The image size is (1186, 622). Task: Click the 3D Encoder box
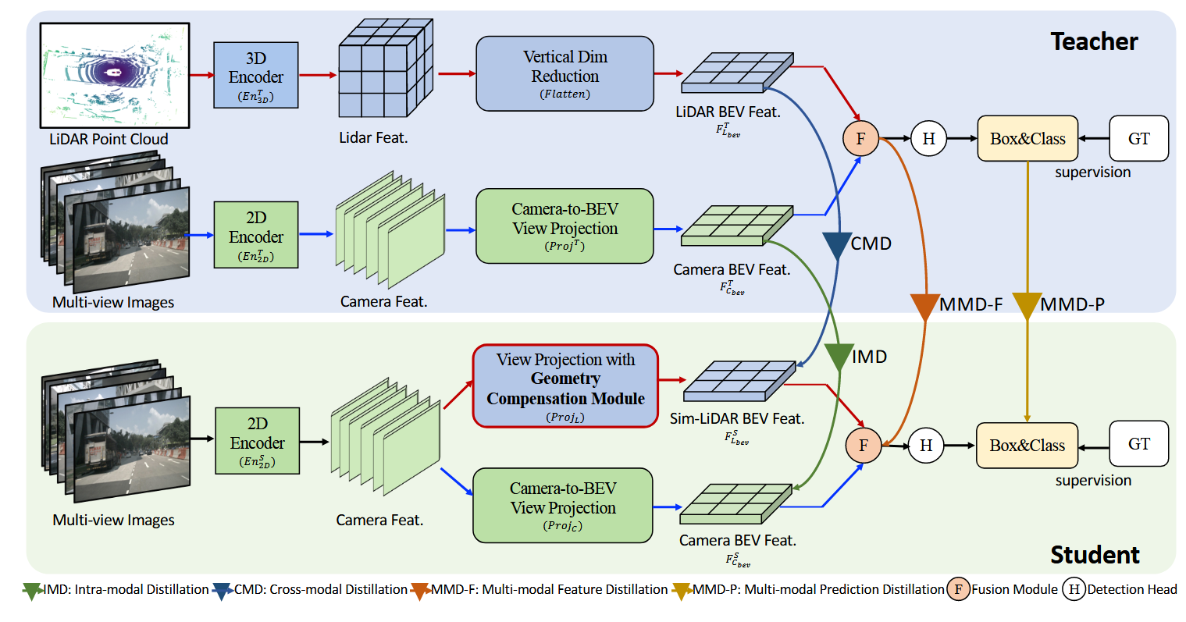[255, 75]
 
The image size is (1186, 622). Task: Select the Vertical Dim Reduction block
[565, 73]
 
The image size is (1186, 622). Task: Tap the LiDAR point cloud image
[115, 75]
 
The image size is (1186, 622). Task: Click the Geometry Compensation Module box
[565, 386]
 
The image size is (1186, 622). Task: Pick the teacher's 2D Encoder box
[255, 234]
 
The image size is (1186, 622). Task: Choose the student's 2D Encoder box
[257, 440]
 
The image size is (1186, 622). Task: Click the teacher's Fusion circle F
[860, 139]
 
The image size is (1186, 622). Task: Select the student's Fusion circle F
[863, 446]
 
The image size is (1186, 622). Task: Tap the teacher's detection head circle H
[928, 139]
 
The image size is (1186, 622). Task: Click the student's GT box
[1138, 444]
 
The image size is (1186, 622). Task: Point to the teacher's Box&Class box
[1028, 139]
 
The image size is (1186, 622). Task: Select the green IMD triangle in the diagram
[838, 357]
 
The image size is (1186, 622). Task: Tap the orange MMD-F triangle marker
[924, 306]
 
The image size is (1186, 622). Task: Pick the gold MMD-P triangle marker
[1027, 305]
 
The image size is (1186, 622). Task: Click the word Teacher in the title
[1093, 41]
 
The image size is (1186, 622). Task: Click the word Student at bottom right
[1094, 555]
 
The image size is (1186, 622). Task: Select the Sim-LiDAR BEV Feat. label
[736, 419]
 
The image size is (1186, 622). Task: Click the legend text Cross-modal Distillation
[338, 590]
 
